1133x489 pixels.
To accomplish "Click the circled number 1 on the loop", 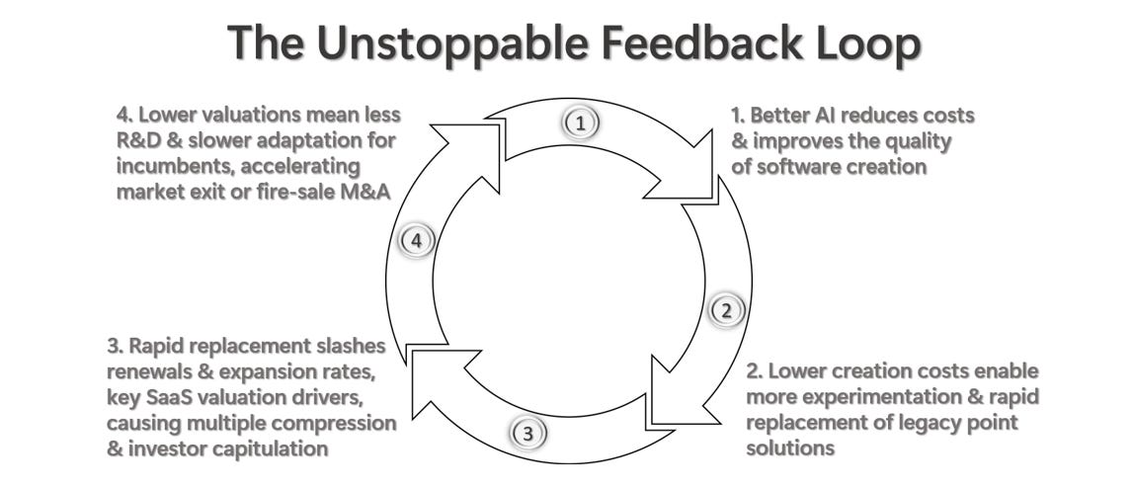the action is [581, 122].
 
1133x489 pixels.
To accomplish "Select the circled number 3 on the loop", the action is [527, 433].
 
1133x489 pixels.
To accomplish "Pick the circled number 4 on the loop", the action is [416, 241].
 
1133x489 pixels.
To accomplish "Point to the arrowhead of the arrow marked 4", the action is [464, 138].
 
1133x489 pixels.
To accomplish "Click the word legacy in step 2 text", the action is [936, 423].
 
